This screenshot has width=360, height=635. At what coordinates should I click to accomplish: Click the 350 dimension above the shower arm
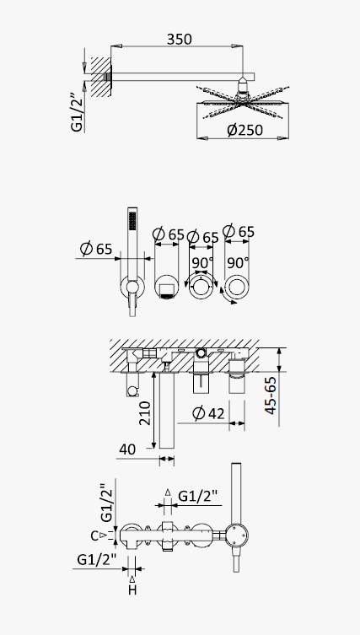pyautogui.click(x=180, y=40)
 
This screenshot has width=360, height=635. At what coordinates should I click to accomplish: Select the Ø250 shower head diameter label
pyautogui.click(x=244, y=130)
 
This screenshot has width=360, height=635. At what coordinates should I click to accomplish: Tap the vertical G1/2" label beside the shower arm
pyautogui.click(x=77, y=112)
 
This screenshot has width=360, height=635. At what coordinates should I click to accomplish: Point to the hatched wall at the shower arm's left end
pyautogui.click(x=101, y=77)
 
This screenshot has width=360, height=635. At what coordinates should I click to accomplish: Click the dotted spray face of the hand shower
pyautogui.click(x=132, y=221)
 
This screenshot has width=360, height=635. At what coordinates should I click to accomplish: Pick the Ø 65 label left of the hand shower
pyautogui.click(x=96, y=248)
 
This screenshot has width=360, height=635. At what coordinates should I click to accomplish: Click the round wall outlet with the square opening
pyautogui.click(x=166, y=288)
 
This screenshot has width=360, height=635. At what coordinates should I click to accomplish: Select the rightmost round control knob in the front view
pyautogui.click(x=237, y=287)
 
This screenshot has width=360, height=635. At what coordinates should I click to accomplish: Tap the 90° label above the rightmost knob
pyautogui.click(x=238, y=263)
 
